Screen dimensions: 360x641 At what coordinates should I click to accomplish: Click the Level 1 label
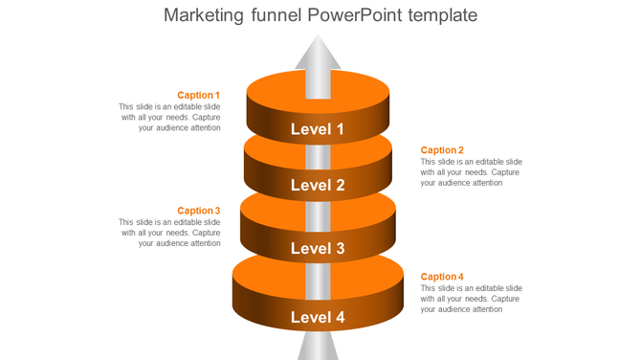tap(318, 129)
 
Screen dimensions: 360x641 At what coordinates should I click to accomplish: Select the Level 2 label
tap(318, 186)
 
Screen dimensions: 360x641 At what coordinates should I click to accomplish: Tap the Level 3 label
tap(318, 249)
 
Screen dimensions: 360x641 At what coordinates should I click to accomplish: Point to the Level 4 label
tap(318, 318)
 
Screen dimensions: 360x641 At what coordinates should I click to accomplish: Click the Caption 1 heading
tap(199, 96)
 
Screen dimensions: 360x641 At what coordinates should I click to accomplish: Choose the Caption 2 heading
tap(442, 150)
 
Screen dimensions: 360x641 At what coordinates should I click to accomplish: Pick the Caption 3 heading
tap(199, 211)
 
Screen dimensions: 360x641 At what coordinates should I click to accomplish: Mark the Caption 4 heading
tap(442, 277)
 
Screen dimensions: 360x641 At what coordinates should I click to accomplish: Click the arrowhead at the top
tap(318, 53)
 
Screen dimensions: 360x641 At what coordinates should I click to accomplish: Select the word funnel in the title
tap(276, 15)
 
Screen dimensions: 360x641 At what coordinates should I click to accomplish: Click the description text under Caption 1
tap(170, 117)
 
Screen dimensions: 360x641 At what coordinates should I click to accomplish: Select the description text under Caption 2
tap(471, 172)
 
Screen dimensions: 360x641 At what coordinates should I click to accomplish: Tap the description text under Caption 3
tap(170, 233)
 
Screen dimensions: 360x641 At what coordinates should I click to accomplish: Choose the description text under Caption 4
tap(471, 299)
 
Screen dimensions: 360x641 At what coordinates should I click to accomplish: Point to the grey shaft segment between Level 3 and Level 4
tap(318, 281)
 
